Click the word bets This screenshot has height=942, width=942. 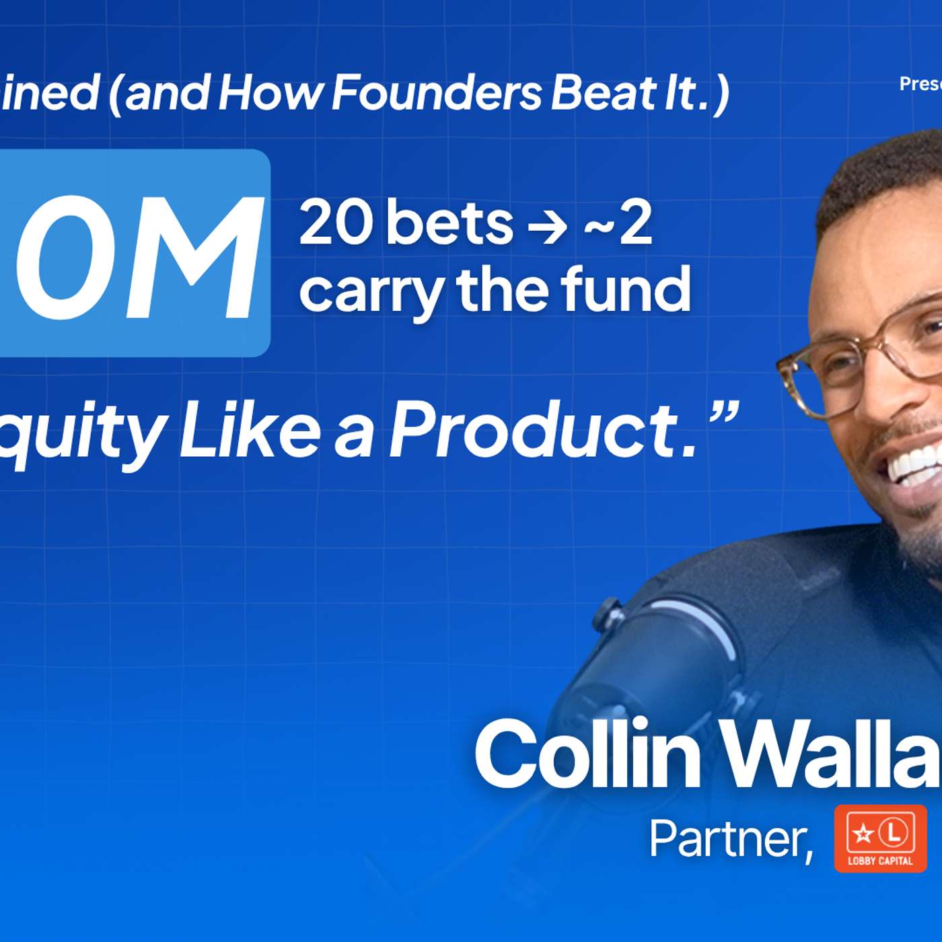tap(449, 223)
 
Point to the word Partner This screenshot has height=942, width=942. tap(731, 838)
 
